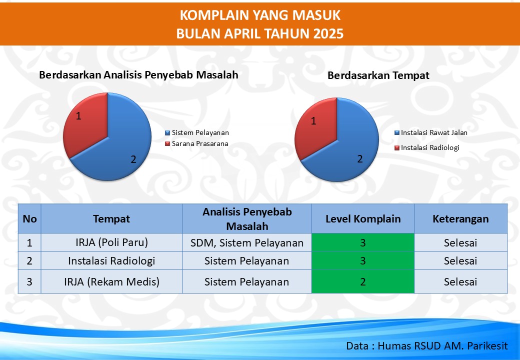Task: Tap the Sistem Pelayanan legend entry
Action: [197, 133]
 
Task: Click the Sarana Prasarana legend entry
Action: [196, 144]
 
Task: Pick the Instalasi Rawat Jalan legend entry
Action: [431, 133]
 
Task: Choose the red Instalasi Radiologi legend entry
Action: [427, 148]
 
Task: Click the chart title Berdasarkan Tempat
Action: [378, 75]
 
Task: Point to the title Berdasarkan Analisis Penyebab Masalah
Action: [138, 75]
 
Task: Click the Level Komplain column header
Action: [363, 219]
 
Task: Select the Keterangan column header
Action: [460, 219]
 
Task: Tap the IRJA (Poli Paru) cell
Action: [112, 242]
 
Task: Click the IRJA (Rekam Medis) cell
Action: [112, 282]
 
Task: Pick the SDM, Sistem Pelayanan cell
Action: [247, 242]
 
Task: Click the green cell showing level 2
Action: [363, 282]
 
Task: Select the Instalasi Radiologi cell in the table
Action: [112, 261]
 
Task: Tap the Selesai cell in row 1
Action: [460, 242]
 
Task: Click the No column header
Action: [29, 219]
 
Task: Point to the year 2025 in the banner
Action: [328, 34]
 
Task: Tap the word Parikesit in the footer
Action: [487, 346]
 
